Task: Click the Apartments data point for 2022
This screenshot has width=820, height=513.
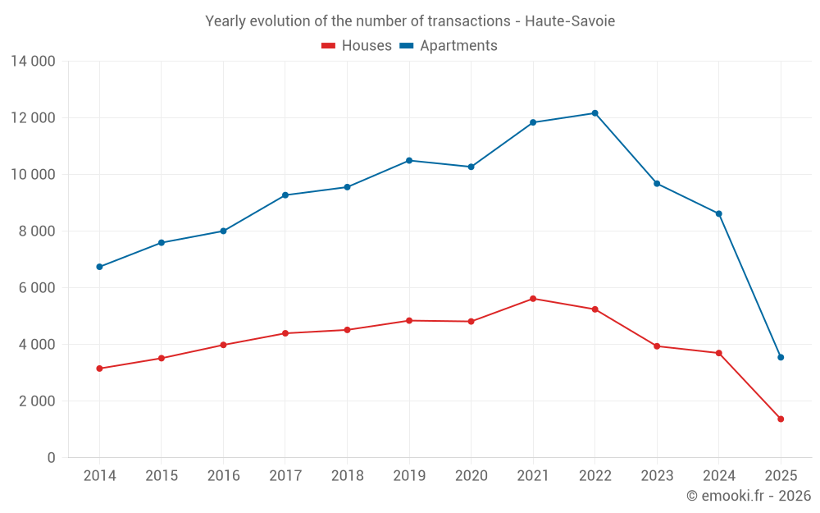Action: [594, 113]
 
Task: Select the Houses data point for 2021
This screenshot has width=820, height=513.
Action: [533, 299]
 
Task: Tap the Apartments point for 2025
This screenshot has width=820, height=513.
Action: [781, 357]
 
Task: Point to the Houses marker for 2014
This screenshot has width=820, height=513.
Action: [99, 369]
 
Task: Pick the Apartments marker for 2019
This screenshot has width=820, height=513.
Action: [409, 160]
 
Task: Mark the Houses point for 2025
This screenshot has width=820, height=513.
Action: [781, 419]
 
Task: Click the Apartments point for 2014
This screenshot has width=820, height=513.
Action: [99, 267]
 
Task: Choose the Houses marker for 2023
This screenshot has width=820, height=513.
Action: [657, 346]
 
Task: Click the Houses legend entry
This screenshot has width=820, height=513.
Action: [357, 46]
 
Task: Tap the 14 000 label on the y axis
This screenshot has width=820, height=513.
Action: [33, 61]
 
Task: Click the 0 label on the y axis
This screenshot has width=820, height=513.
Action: [51, 457]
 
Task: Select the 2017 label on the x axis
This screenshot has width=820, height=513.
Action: [285, 476]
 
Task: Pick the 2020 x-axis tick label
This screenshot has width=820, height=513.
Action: [471, 476]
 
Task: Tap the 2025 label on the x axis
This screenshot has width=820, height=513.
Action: [781, 476]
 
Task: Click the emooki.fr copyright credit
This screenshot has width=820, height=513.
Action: [749, 496]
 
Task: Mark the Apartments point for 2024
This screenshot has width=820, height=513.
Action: [718, 213]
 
